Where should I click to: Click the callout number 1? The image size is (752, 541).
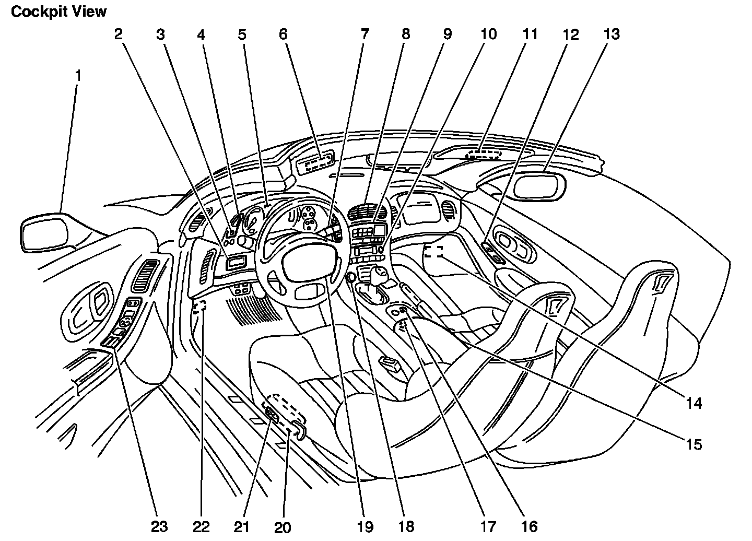click(x=78, y=76)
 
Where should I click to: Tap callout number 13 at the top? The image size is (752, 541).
click(x=612, y=34)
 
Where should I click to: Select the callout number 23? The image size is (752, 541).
click(x=159, y=526)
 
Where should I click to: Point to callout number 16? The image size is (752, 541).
click(x=530, y=526)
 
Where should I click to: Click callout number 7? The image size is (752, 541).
click(x=364, y=34)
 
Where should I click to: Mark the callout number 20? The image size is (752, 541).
click(x=283, y=527)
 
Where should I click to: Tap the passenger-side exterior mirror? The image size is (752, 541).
click(x=539, y=186)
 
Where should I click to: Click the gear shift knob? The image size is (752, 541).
click(x=378, y=273)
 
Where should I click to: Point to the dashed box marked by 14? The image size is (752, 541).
click(x=433, y=252)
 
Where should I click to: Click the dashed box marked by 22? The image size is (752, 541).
click(x=199, y=308)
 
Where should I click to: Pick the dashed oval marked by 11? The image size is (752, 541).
click(x=483, y=154)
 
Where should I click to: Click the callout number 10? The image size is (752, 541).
click(x=488, y=34)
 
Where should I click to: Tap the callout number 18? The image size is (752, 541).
click(x=406, y=526)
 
